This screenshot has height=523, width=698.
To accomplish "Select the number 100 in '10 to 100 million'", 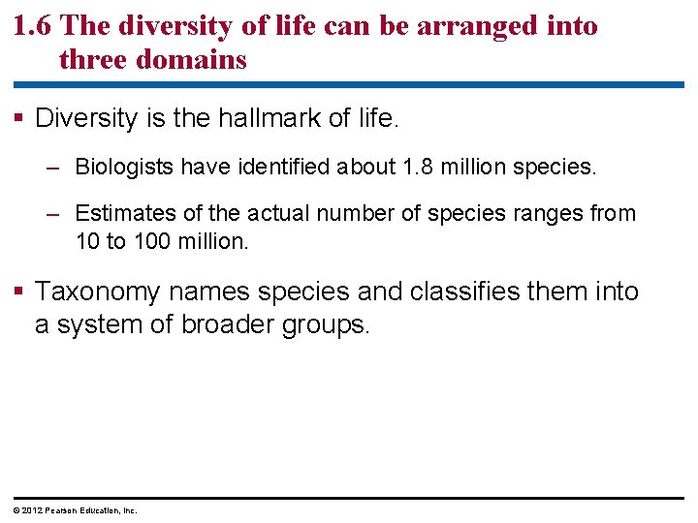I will point(149,241).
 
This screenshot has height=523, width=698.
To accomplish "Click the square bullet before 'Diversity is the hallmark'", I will point(21,119).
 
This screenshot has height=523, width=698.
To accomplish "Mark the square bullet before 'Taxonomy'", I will point(21,292).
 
